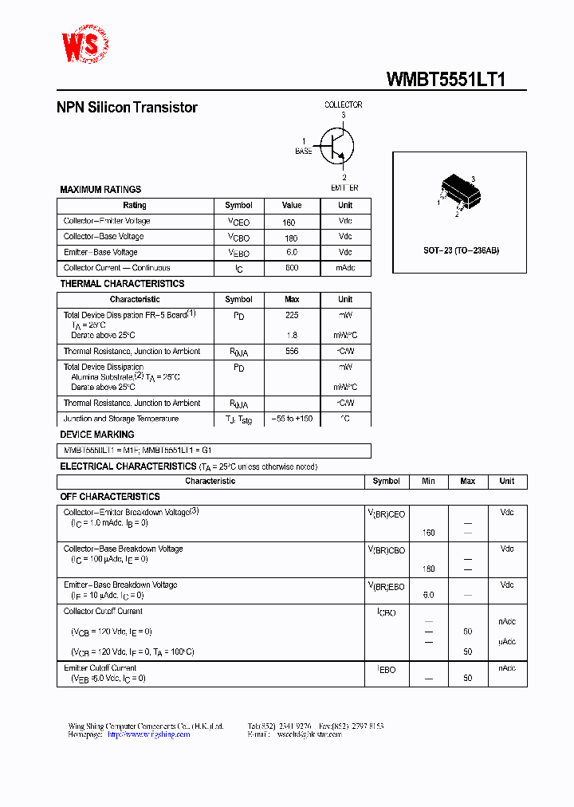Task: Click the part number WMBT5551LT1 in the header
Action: click(446, 79)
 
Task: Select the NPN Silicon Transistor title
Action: click(127, 108)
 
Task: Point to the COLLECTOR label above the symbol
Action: click(343, 104)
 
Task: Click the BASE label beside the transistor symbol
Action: click(304, 152)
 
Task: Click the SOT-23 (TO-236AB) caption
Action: click(461, 250)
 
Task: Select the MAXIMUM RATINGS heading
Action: click(100, 190)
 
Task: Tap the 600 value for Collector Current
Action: click(292, 268)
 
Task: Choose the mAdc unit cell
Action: click(345, 268)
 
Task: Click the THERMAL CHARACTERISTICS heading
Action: click(122, 284)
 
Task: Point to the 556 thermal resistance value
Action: click(292, 352)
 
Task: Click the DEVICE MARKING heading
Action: click(97, 435)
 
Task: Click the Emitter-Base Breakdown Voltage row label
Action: click(120, 585)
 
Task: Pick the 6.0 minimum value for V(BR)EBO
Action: click(428, 595)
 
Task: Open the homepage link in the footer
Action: click(148, 734)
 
